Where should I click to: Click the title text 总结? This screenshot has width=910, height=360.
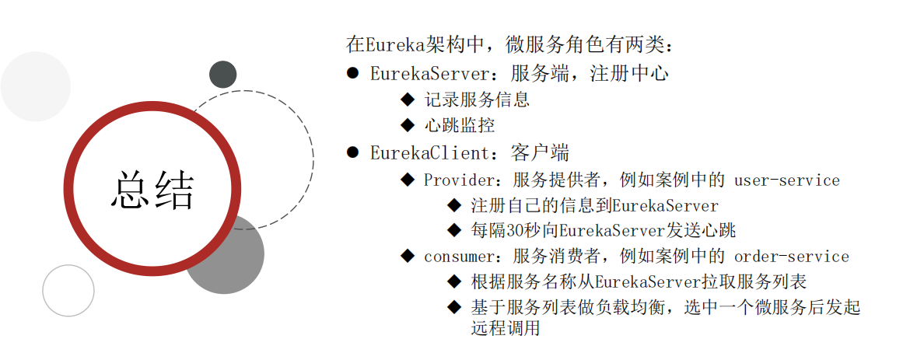tap(152, 189)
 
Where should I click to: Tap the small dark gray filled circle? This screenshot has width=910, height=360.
tap(223, 74)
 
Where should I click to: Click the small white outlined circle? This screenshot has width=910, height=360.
tap(68, 291)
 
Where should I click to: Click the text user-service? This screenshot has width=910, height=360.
tap(787, 180)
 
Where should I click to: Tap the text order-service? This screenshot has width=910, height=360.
tap(792, 256)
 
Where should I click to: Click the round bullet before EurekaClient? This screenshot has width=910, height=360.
tap(352, 152)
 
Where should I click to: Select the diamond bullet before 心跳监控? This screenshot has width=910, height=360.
tap(408, 124)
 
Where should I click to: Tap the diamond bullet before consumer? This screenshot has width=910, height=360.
tap(408, 255)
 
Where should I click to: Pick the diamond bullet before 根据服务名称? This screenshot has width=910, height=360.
tap(454, 281)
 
